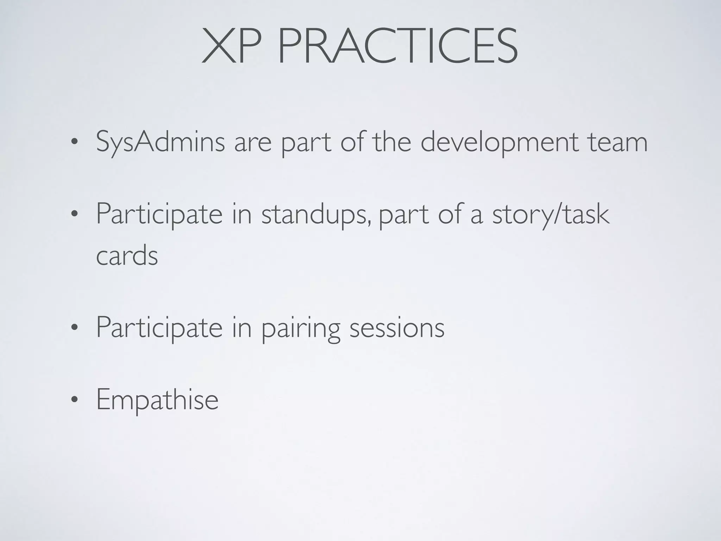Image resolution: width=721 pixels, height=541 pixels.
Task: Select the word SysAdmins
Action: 160,143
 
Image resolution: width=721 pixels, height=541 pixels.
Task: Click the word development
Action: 500,143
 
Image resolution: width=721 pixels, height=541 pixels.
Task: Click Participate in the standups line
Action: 159,214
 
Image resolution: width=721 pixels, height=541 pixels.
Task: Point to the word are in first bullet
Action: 253,143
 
